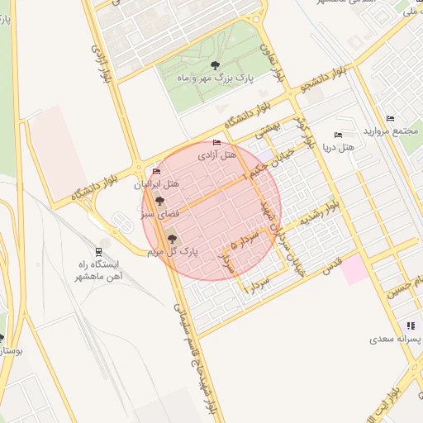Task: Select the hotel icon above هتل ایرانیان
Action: pyautogui.click(x=157, y=171)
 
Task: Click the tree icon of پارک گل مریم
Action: pyautogui.click(x=173, y=239)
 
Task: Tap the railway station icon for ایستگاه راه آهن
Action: pyautogui.click(x=100, y=252)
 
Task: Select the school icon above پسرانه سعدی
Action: pyautogui.click(x=411, y=326)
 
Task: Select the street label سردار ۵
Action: pyautogui.click(x=245, y=240)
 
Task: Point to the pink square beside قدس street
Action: pyautogui.click(x=355, y=270)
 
